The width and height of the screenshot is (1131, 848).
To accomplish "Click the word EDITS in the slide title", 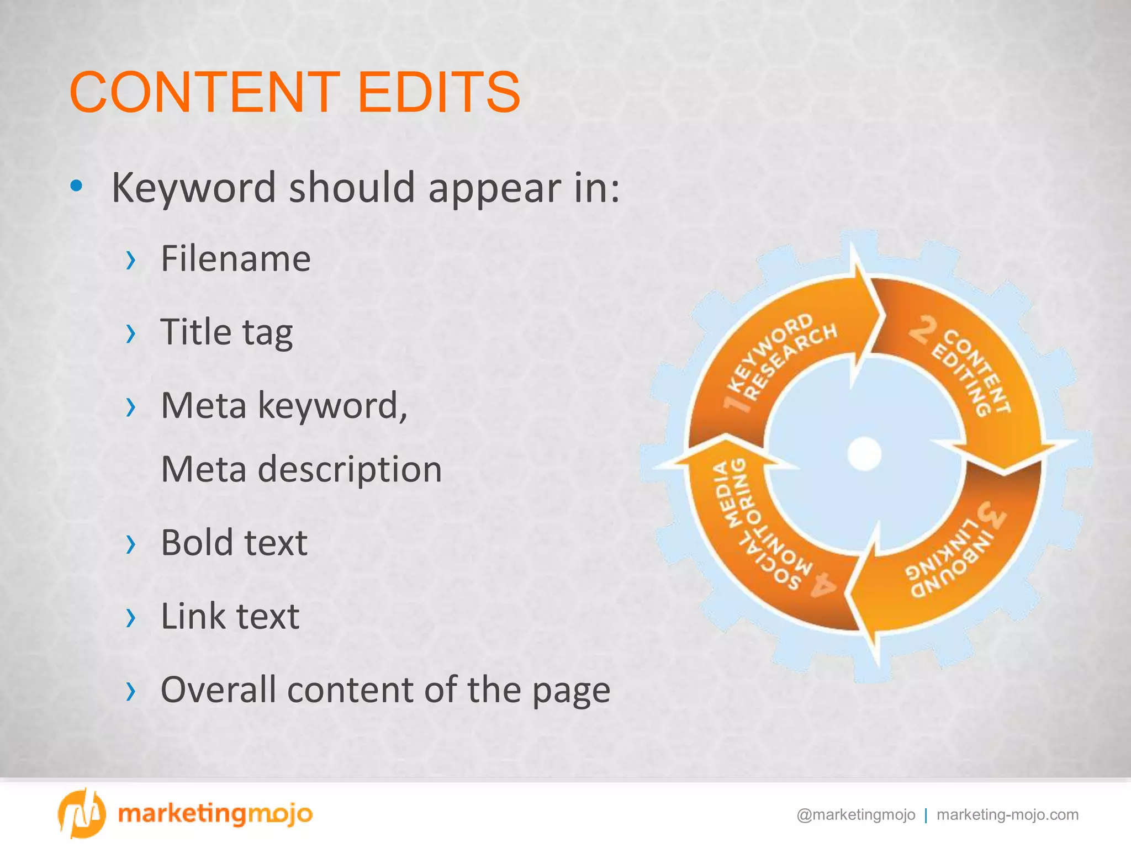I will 439,92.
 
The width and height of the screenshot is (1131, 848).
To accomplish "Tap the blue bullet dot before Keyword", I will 77,186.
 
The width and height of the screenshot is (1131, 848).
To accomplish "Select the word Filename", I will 236,258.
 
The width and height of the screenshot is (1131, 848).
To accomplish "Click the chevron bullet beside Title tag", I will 130,333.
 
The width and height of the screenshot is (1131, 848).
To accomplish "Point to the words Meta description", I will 302,469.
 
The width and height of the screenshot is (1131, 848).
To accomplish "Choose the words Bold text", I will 234,543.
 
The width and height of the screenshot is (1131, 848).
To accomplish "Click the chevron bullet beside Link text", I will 130,618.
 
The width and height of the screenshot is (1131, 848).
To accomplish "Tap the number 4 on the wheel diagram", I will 823,586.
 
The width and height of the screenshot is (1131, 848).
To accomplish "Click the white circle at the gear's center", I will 864,453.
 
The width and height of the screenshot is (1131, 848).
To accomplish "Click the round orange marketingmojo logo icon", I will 81,813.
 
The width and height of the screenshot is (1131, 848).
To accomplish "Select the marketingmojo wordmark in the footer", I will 215,814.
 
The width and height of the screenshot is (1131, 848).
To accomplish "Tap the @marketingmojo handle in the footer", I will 855,815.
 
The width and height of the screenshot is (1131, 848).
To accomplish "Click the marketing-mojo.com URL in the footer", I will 1007,815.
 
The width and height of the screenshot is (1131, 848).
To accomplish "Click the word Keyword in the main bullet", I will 193,188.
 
